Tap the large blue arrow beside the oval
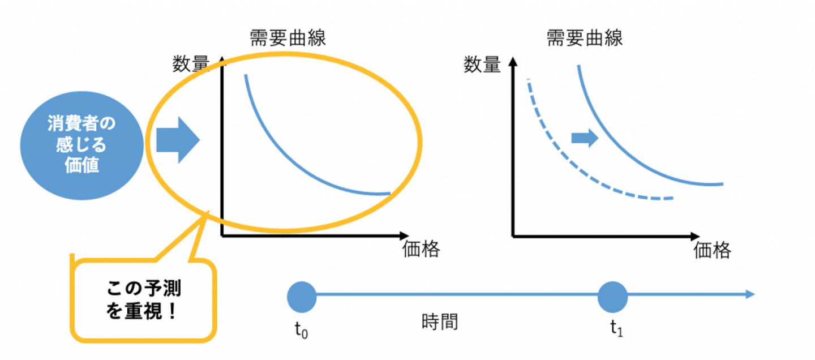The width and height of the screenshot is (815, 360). tap(178, 140)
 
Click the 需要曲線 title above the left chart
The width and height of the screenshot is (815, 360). tap(288, 38)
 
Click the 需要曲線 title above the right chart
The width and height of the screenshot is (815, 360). tap(584, 38)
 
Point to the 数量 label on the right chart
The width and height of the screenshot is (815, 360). tap(482, 65)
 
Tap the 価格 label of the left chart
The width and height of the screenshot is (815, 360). tap(421, 249)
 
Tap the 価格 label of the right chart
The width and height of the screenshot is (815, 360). tap(713, 250)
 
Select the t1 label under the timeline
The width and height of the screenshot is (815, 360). tap(616, 329)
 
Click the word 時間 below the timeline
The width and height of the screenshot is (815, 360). tap(440, 323)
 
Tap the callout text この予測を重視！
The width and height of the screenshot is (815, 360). tap(144, 300)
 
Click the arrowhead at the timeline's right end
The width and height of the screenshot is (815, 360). tap(750, 294)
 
